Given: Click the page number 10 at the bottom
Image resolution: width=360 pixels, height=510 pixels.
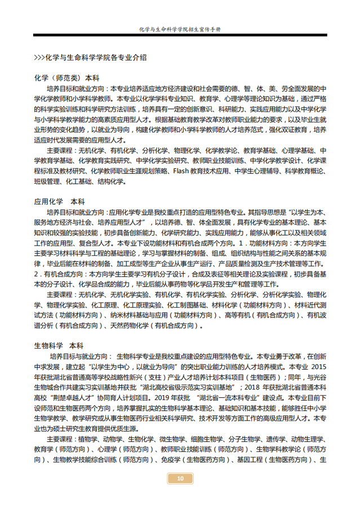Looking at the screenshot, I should [x=180, y=479].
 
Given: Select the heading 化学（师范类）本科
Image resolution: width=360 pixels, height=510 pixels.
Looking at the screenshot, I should [x=67, y=78].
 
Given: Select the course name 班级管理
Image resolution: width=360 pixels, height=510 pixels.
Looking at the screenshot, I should [x=47, y=181].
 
